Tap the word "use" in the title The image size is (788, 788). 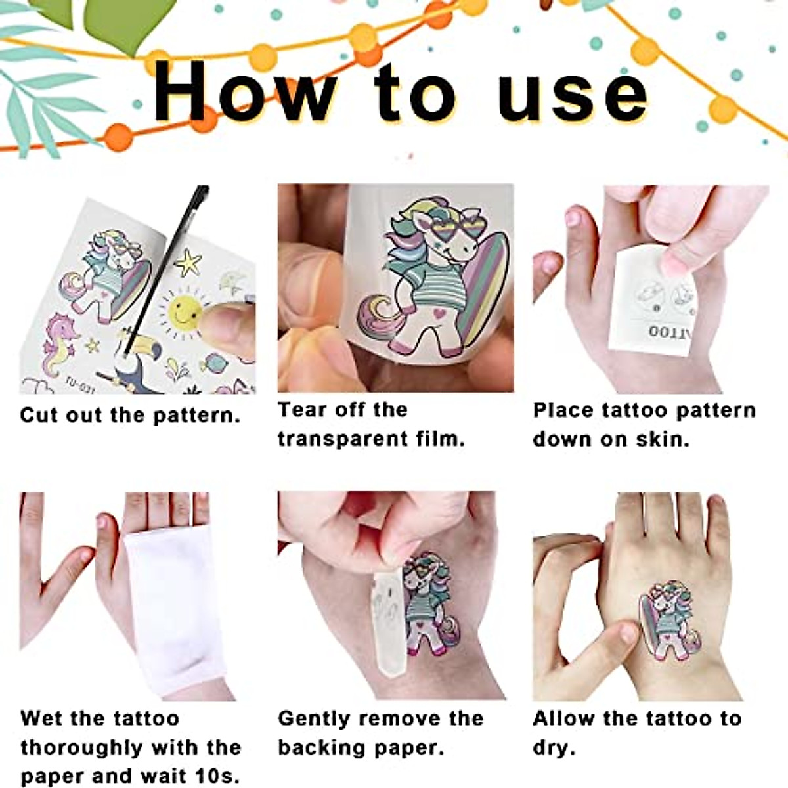point(573,98)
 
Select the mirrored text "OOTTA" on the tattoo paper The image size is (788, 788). point(667,331)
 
